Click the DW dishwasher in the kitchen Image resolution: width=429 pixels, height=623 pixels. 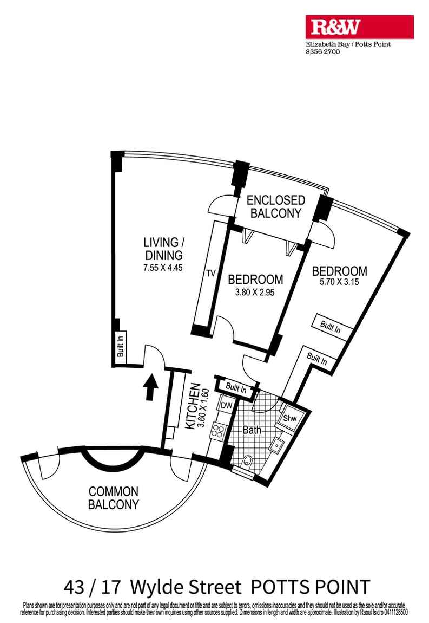(226, 405)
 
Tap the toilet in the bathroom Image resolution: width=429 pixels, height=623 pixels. (247, 462)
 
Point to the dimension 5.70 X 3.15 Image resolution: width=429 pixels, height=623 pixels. (340, 282)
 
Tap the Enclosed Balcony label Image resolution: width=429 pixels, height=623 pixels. (275, 206)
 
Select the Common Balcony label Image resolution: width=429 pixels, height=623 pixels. (114, 498)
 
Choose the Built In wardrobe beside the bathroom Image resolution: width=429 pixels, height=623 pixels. (236, 388)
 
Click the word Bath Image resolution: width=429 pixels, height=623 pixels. (252, 431)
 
